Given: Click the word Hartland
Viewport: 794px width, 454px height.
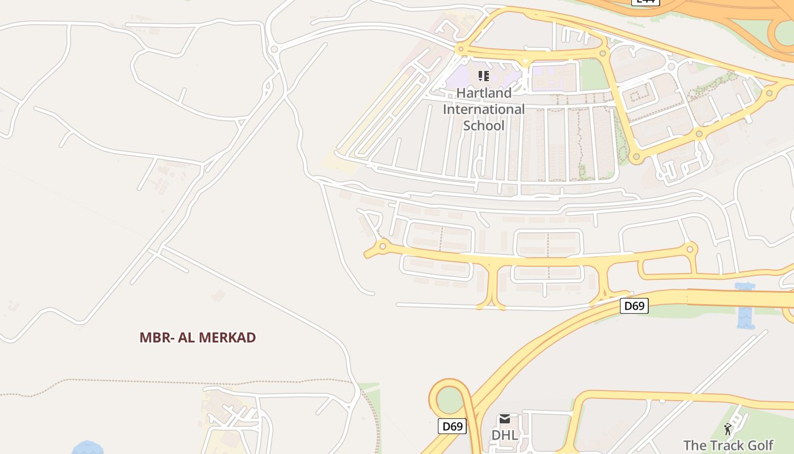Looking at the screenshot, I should click(484, 93).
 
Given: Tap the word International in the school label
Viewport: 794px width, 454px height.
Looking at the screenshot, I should click(484, 109).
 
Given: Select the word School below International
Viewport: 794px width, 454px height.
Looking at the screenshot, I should click(484, 125).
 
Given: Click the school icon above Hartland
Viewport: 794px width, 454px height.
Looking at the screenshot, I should click(484, 75).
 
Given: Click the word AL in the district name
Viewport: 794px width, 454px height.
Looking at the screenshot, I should click(187, 338).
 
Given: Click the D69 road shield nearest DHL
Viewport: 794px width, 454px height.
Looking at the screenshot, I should click(452, 426).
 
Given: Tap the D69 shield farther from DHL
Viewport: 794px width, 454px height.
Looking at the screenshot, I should click(634, 306).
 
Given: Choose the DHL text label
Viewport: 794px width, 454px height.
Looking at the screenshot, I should click(505, 435).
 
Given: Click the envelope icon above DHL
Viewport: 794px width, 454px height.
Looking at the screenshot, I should click(504, 419).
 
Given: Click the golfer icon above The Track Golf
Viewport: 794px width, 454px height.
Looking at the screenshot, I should click(728, 429).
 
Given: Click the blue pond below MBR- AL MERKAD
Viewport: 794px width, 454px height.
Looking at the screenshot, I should click(88, 448).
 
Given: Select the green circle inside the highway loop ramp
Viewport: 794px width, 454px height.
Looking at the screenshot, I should click(449, 401).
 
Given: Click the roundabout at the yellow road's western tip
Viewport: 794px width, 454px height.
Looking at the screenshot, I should click(382, 246).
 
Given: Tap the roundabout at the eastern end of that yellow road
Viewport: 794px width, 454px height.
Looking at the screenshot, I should click(690, 249).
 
